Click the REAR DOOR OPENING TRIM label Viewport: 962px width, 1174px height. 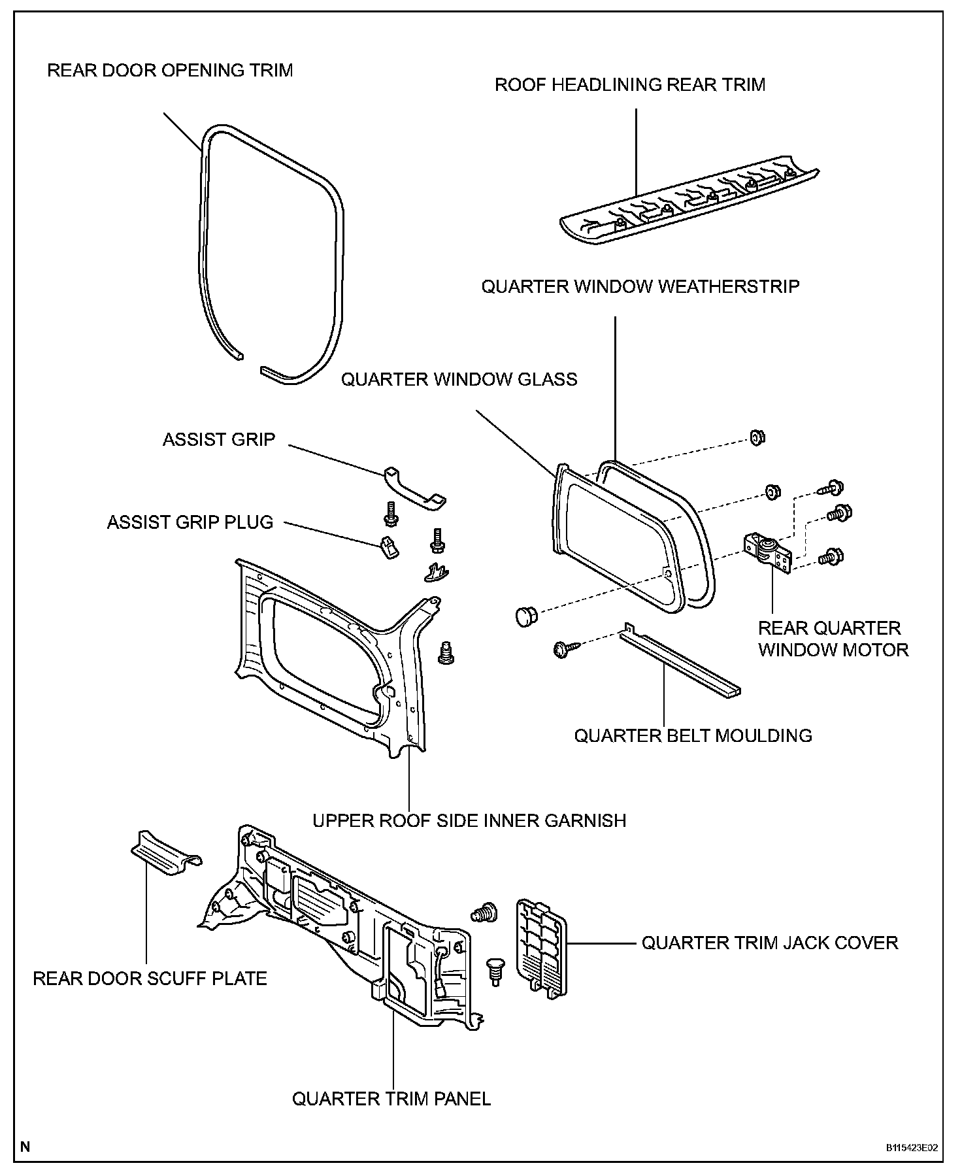170,71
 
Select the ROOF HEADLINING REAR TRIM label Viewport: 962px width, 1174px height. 630,85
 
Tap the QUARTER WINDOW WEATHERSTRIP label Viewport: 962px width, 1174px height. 640,287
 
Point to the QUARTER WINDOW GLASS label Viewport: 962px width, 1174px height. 459,380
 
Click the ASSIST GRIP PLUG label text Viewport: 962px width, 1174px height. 190,522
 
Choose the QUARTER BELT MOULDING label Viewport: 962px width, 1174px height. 693,735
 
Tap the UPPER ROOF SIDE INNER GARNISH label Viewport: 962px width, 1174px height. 469,820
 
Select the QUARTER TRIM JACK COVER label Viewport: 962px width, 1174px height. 770,943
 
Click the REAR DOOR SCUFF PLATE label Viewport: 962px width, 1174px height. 150,979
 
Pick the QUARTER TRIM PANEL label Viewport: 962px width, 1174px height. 391,1099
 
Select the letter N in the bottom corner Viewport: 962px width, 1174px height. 25,1147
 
